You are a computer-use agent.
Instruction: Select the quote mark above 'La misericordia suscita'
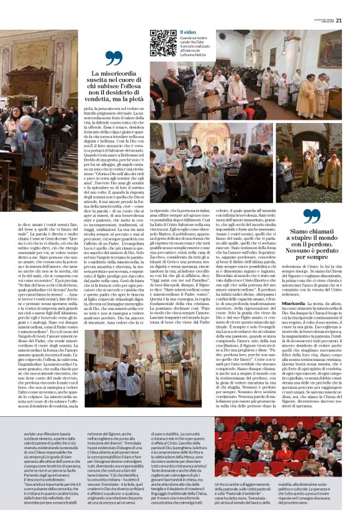click(114, 59)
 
